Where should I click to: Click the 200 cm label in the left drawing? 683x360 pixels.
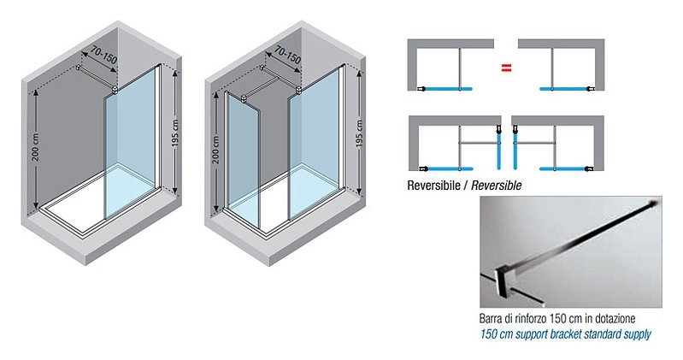[36, 146]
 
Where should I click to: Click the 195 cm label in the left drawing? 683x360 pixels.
[175, 133]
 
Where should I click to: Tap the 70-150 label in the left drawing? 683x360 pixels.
[103, 56]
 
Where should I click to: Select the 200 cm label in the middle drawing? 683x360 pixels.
[216, 150]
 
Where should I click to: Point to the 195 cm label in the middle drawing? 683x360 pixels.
[359, 133]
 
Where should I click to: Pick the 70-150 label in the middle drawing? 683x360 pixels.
[287, 56]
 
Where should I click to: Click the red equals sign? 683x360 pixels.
[506, 68]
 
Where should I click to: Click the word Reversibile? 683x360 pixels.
[434, 186]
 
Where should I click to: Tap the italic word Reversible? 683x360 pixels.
[496, 186]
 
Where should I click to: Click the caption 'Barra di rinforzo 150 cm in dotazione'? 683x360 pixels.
[557, 319]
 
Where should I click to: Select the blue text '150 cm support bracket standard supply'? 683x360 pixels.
[565, 334]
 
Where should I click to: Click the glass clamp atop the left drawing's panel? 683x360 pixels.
[115, 91]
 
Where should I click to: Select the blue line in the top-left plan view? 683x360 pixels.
[449, 89]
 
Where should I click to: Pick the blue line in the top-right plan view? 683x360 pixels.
[562, 89]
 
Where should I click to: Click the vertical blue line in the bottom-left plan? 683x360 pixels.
[498, 150]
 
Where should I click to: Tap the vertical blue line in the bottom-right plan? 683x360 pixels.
[515, 150]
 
